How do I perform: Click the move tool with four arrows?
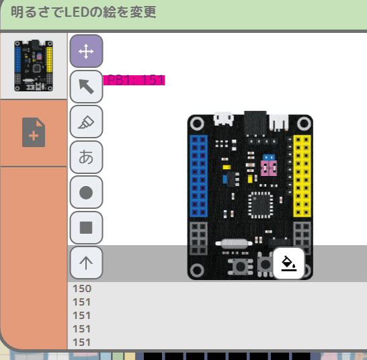point(86,51)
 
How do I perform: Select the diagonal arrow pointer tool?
point(86,87)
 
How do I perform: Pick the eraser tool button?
point(86,122)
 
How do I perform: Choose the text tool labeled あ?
point(86,157)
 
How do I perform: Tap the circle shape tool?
point(86,192)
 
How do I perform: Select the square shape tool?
point(86,228)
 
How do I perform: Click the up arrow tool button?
point(86,263)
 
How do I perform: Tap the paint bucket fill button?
point(289,263)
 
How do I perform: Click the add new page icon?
point(34,132)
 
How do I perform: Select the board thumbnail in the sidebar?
point(34,66)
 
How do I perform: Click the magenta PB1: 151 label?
point(134,80)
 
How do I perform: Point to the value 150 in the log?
point(82,289)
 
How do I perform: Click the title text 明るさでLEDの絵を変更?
point(83,12)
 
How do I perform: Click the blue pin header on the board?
point(198,176)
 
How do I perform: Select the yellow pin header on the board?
point(302,176)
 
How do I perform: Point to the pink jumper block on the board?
point(269,168)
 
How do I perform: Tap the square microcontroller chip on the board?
point(261,205)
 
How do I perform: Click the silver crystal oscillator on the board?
point(234,244)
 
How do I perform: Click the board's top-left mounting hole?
point(197,123)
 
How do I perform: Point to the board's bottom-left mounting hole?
point(197,270)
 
